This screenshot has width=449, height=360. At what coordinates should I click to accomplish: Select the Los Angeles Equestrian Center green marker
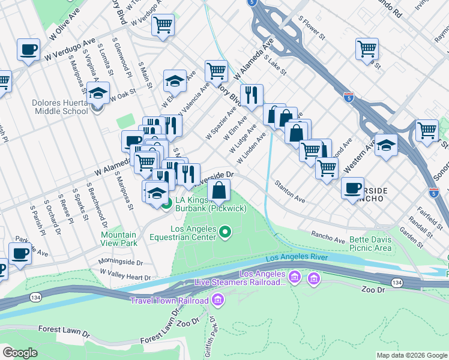(x=225, y=231)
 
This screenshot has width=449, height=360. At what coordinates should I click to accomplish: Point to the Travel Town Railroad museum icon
(x=217, y=299)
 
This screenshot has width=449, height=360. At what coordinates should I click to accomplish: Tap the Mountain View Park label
(x=119, y=239)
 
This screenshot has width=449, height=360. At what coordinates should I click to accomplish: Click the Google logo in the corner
(x=20, y=352)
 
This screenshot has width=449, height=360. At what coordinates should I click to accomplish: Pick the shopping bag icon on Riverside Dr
(x=220, y=190)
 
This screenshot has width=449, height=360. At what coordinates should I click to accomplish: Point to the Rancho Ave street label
(x=328, y=235)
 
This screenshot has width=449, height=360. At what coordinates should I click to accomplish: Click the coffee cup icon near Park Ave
(x=20, y=253)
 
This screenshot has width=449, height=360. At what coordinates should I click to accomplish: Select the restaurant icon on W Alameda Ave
(x=252, y=94)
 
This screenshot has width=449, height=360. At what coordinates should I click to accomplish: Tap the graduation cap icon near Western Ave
(x=386, y=145)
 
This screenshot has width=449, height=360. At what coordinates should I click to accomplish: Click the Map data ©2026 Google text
(x=412, y=355)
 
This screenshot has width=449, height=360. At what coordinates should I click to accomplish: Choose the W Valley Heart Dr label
(x=125, y=275)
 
